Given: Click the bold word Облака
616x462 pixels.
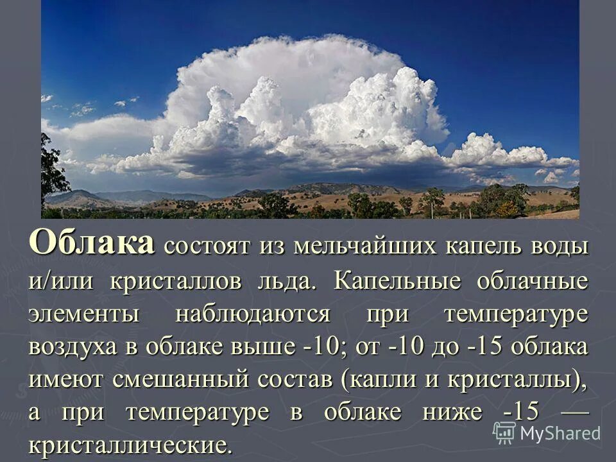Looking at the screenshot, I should [x=92, y=244].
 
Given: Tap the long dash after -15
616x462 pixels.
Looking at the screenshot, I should [x=574, y=411].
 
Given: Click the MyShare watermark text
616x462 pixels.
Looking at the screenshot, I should [x=560, y=433].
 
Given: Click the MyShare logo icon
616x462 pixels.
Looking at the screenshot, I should [x=504, y=433].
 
